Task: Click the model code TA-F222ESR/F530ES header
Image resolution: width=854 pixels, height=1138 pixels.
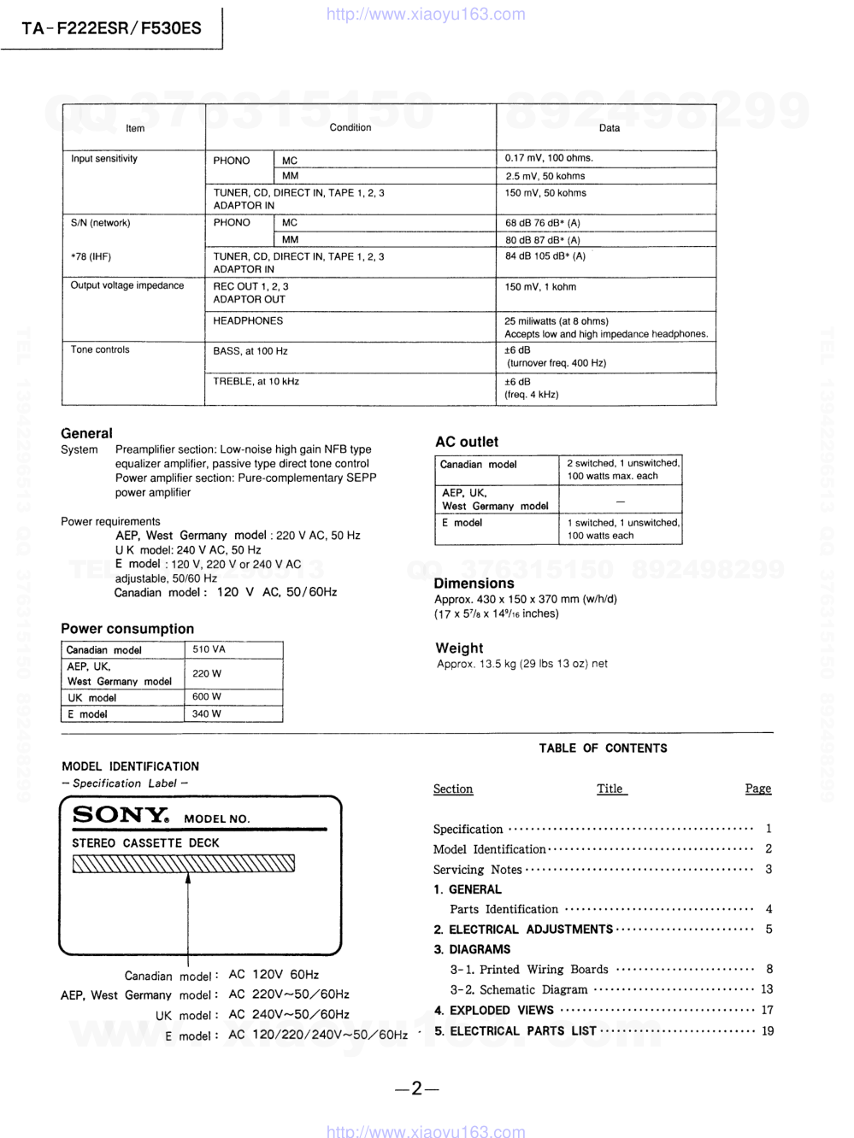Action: pos(111,28)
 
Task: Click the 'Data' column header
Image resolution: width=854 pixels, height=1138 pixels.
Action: pos(609,128)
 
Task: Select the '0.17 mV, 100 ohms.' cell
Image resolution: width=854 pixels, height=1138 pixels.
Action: pos(549,158)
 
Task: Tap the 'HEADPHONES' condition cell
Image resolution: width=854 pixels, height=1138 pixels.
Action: pos(248,321)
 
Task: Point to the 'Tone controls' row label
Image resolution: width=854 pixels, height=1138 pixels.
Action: pos(100,349)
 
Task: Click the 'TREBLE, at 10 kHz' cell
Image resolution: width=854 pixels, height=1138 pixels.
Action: pos(256,382)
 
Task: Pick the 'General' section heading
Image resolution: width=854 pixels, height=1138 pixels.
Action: pos(86,433)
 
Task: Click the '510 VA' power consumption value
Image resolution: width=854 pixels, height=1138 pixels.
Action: pos(209,649)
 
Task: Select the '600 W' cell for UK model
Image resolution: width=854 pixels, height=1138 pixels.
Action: pos(206,696)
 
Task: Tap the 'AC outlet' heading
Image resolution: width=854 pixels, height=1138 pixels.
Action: pos(466,442)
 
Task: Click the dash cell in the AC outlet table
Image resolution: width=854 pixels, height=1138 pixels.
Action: pos(620,500)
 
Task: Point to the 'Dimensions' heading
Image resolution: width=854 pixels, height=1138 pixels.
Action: pos(474,584)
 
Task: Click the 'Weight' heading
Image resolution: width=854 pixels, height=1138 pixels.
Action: pos(459,648)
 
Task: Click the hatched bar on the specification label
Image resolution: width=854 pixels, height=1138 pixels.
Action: pos(184,864)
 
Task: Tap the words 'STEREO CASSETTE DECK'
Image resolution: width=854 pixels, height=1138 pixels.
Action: pos(145,843)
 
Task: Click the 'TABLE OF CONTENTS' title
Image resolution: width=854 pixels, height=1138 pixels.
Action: pos(603,748)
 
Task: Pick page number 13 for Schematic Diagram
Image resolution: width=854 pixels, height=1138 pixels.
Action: pos(766,989)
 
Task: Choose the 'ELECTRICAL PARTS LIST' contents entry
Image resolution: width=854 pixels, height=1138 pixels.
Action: pos(522,1031)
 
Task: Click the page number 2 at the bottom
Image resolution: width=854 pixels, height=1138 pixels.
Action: pos(417,1088)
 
